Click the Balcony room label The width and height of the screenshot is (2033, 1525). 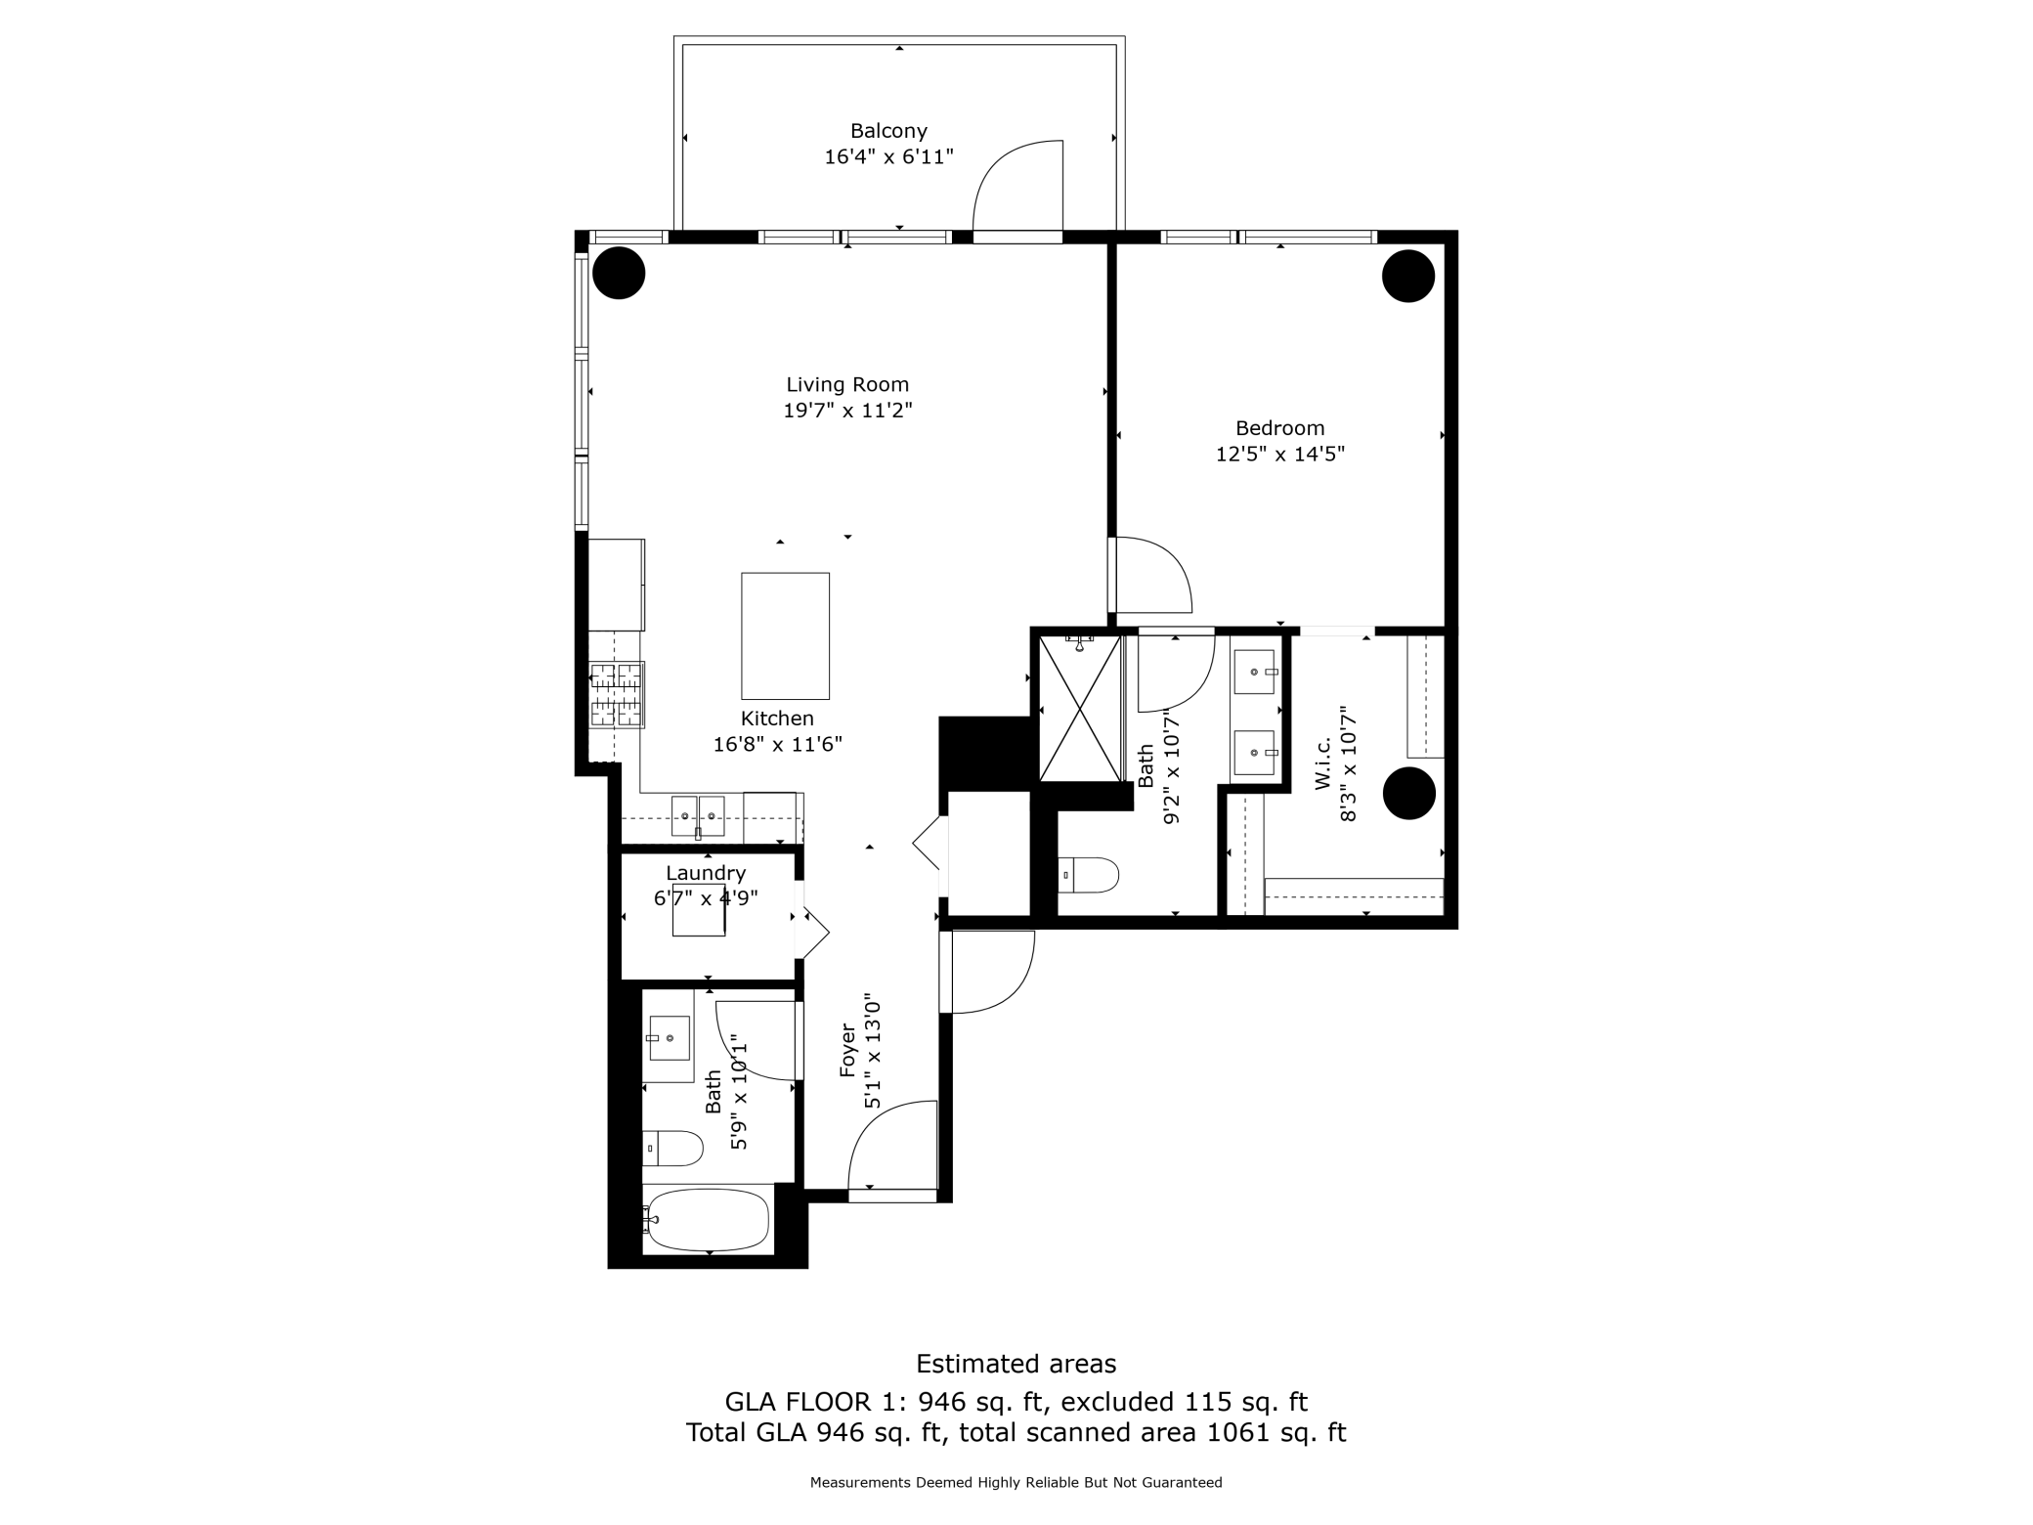pyautogui.click(x=888, y=131)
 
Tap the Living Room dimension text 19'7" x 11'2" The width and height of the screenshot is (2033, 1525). pyautogui.click(x=847, y=411)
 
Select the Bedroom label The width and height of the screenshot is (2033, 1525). pyautogui.click(x=1279, y=428)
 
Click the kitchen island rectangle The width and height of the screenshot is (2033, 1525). pyautogui.click(x=785, y=636)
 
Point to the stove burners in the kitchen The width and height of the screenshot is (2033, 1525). pyautogui.click(x=617, y=695)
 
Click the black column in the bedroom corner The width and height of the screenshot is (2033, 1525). pyautogui.click(x=1408, y=276)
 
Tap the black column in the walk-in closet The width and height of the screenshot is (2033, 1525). pyautogui.click(x=1409, y=793)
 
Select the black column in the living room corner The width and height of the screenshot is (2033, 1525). pyautogui.click(x=619, y=273)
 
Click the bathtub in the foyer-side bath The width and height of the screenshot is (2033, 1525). pyautogui.click(x=708, y=1219)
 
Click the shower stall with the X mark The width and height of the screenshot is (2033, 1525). pyautogui.click(x=1080, y=708)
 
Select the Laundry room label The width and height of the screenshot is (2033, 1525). pyautogui.click(x=706, y=874)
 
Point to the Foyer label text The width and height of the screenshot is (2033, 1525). pyautogui.click(x=847, y=1051)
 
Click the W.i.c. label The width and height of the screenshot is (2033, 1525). pyautogui.click(x=1322, y=764)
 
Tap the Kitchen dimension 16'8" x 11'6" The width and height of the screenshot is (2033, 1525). pyautogui.click(x=778, y=745)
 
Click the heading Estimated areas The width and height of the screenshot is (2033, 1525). pyautogui.click(x=1016, y=1364)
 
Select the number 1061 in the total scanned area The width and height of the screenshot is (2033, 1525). pyautogui.click(x=1236, y=1433)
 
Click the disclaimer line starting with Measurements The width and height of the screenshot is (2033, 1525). pyautogui.click(x=1016, y=1483)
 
